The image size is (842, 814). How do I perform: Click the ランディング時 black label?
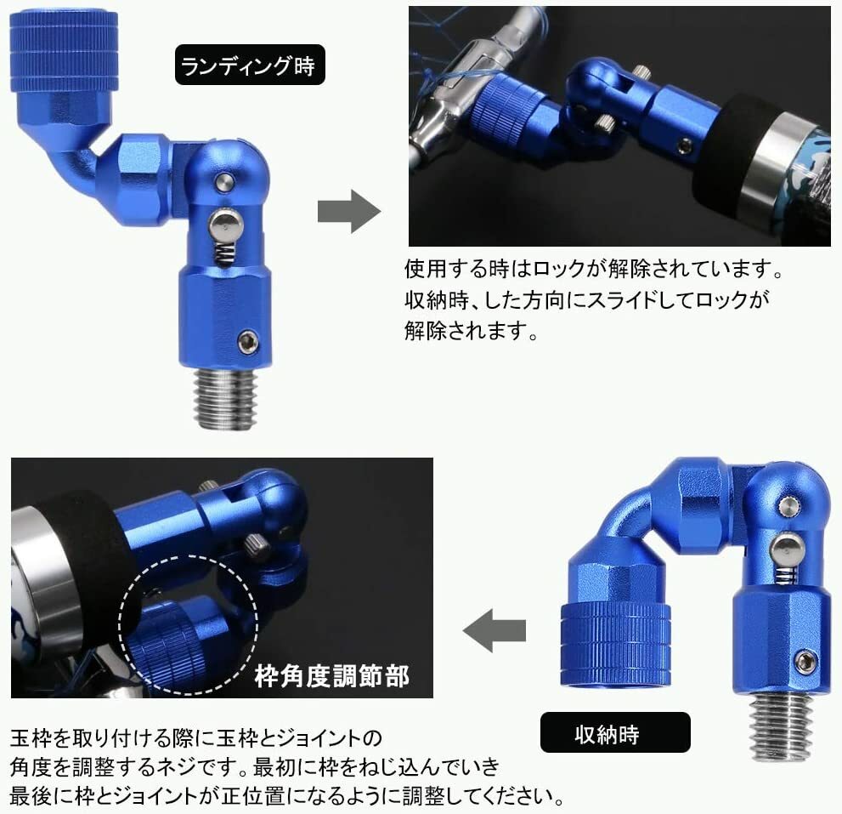click(250, 65)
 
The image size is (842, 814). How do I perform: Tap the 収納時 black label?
click(615, 732)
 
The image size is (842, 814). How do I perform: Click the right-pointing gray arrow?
click(349, 211)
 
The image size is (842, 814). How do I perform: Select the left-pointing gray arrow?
click(494, 630)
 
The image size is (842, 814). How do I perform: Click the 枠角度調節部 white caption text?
click(332, 676)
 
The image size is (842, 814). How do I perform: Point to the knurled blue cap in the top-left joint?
click(64, 51)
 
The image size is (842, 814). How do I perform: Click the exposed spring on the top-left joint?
click(225, 252)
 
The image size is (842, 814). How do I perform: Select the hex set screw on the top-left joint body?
click(247, 342)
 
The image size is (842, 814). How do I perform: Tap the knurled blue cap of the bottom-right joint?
click(615, 644)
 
